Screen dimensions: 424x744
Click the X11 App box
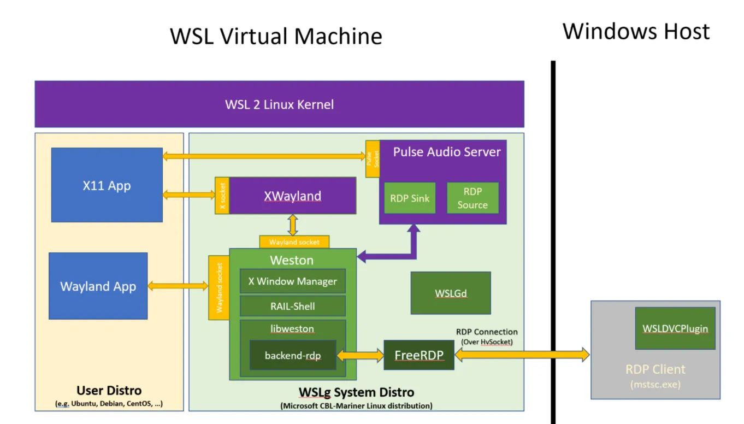click(107, 185)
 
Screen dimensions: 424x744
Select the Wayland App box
click(98, 286)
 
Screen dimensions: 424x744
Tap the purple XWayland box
click(293, 196)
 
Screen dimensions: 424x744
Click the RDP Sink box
click(410, 198)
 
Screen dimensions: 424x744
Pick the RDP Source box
click(473, 198)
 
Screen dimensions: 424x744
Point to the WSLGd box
click(451, 293)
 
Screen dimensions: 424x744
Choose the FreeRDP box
click(419, 355)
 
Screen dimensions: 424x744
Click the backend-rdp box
click(293, 355)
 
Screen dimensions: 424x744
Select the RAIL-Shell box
click(293, 306)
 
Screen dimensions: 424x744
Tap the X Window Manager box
click(293, 281)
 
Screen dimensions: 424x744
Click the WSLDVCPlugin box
click(675, 328)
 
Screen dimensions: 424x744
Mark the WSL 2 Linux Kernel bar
click(279, 104)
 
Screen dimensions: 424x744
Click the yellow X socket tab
click(222, 196)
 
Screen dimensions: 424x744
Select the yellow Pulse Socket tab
click(373, 158)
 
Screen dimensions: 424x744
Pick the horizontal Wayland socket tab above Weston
click(294, 242)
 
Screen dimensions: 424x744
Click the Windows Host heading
click(636, 31)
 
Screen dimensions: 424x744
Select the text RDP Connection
click(487, 332)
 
